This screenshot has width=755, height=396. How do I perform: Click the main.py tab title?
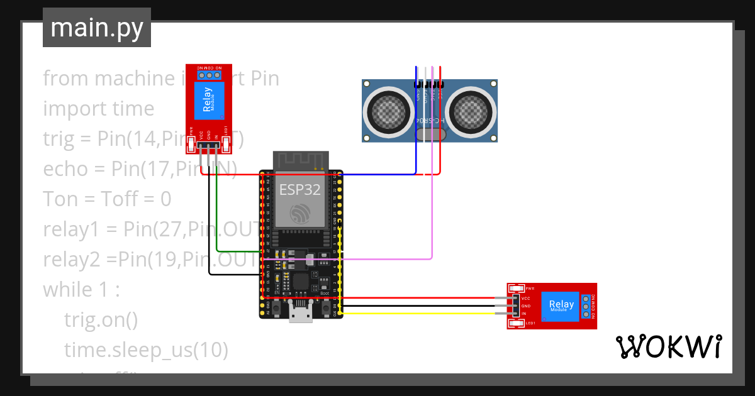pos(96,28)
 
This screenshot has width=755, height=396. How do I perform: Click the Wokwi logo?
pos(668,346)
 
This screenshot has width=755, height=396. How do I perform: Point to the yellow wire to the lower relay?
pos(428,313)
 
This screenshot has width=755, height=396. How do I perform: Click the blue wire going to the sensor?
pos(377,174)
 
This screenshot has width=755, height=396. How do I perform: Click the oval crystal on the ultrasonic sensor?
pos(431,133)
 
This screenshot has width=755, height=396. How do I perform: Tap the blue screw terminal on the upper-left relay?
pos(210,75)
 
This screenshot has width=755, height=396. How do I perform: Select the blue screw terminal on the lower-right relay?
pos(586,306)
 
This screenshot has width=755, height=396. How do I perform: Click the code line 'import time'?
pos(98,109)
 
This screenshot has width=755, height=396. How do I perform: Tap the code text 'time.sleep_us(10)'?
pos(146,350)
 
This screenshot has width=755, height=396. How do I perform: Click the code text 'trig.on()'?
pos(101,320)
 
